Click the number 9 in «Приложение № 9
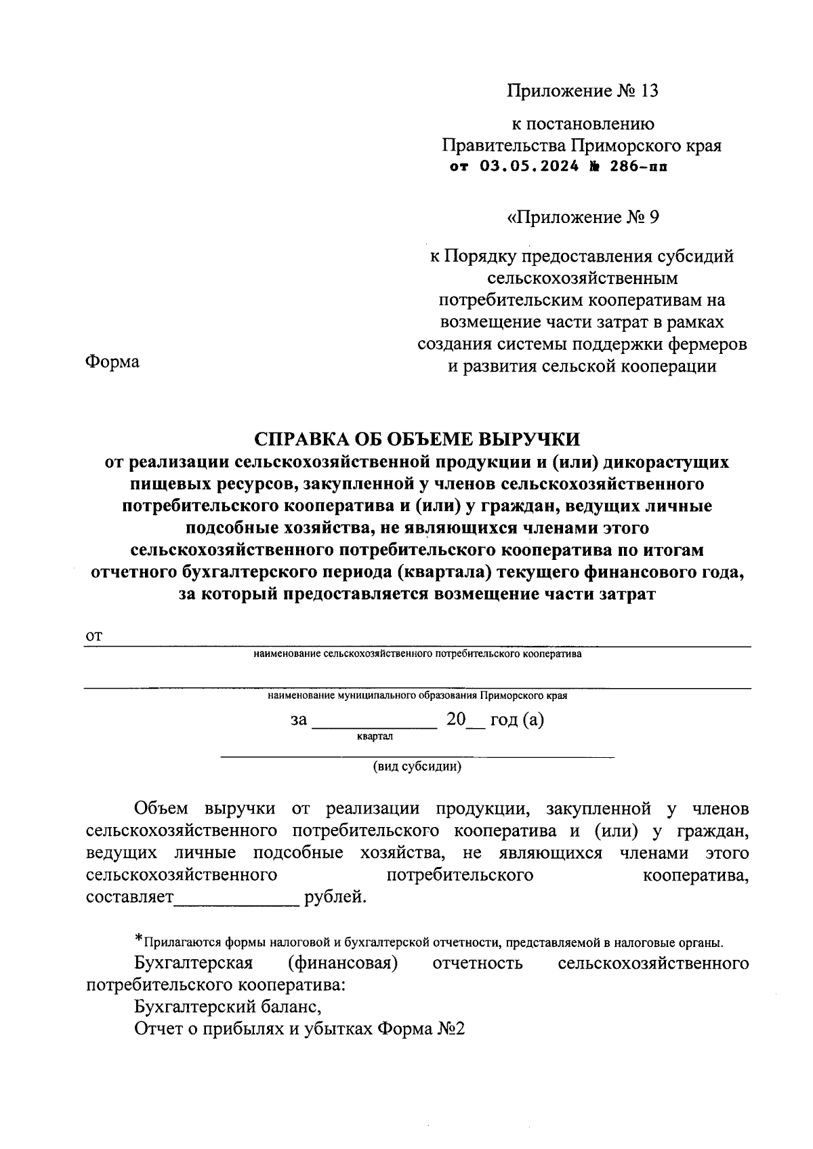point(652,217)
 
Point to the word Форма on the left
point(112,362)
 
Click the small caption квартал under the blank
point(374,735)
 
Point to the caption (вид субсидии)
point(417,767)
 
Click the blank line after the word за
point(374,723)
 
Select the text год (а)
point(517,719)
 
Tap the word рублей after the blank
point(335,898)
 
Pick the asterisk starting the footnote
point(139,940)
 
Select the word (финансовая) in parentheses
point(342,963)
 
